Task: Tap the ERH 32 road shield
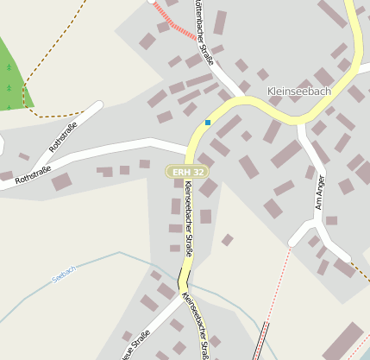pyautogui.click(x=188, y=173)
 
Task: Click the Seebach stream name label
pyautogui.click(x=63, y=274)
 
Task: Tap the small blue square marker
pyautogui.click(x=208, y=123)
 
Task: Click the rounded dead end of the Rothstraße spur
pyautogui.click(x=97, y=107)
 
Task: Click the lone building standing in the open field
pyautogui.click(x=227, y=239)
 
